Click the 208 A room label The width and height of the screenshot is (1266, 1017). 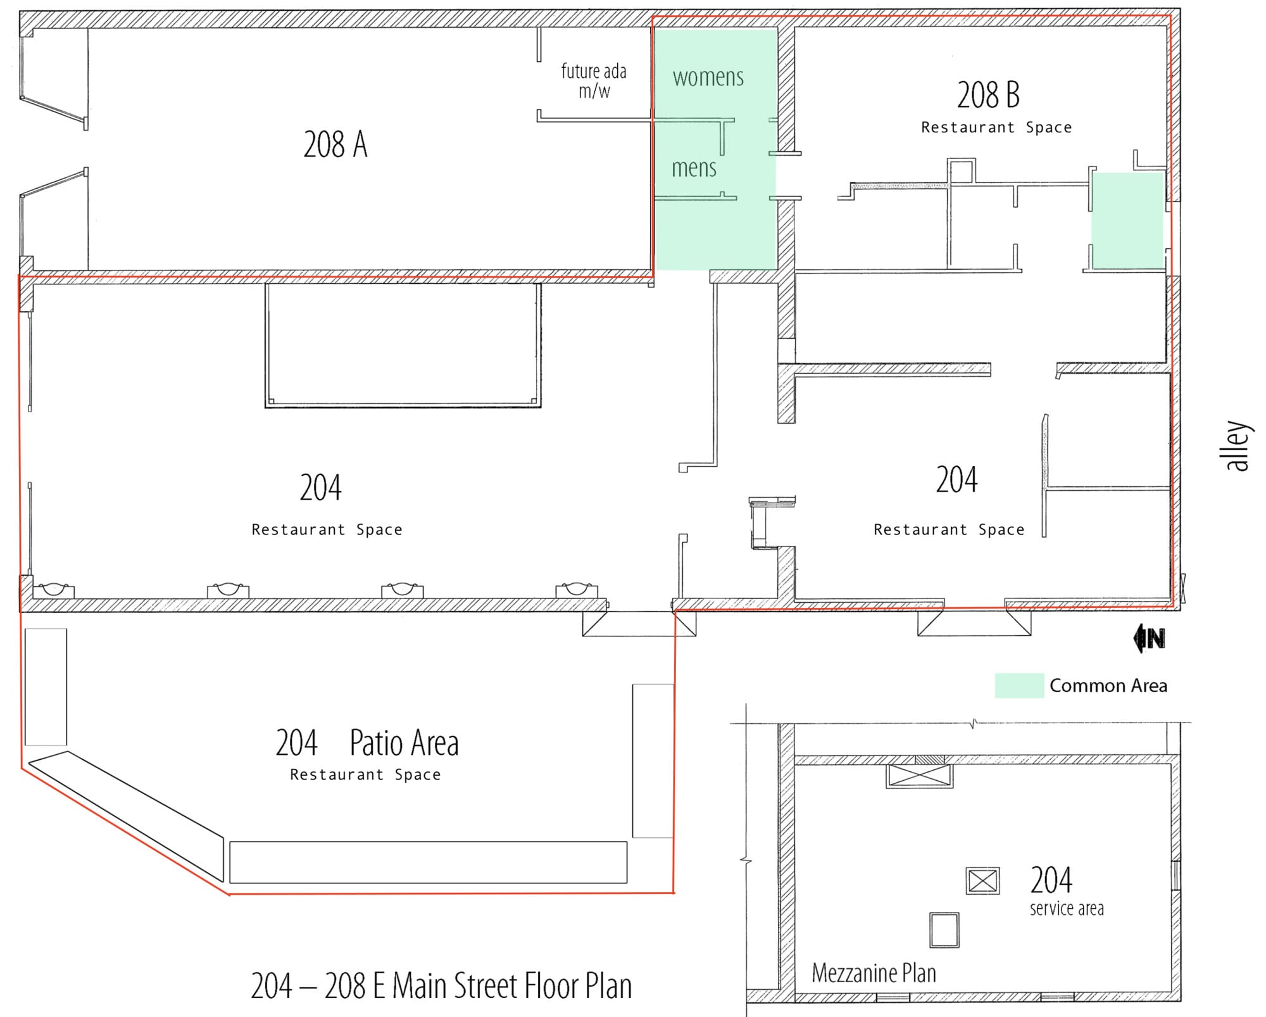(335, 144)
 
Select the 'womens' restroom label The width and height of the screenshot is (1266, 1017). (708, 77)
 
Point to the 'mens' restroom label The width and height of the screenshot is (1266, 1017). (694, 168)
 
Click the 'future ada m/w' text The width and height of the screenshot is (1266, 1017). (594, 80)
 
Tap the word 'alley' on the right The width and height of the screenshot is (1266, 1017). (1238, 446)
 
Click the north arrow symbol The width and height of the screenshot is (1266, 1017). (1149, 638)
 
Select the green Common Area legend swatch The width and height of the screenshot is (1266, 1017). (1018, 685)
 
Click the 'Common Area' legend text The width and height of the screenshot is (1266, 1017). (1108, 685)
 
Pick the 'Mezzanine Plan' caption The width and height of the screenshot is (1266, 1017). (874, 973)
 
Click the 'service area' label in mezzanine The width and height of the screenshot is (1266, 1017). (1066, 909)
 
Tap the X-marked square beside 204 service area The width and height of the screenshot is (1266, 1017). (982, 881)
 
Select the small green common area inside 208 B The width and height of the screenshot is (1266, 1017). (1127, 220)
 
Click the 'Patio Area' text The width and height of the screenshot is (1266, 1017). (404, 743)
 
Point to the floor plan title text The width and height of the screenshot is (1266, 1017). (441, 986)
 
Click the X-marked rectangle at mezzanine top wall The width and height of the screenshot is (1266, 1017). (919, 776)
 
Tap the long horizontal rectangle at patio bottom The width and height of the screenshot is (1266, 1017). (428, 862)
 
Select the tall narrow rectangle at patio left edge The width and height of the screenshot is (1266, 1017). (46, 686)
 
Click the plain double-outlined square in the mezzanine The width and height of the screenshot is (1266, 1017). (944, 930)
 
